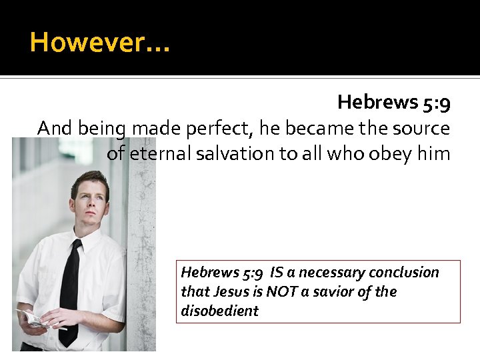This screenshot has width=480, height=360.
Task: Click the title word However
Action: [93, 43]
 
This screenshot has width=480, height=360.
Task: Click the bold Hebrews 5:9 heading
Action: [393, 102]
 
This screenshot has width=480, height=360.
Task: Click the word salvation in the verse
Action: [246, 154]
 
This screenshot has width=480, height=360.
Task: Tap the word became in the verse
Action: [317, 128]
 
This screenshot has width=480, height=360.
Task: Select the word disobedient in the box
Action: [219, 311]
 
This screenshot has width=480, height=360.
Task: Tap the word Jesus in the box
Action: [231, 292]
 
